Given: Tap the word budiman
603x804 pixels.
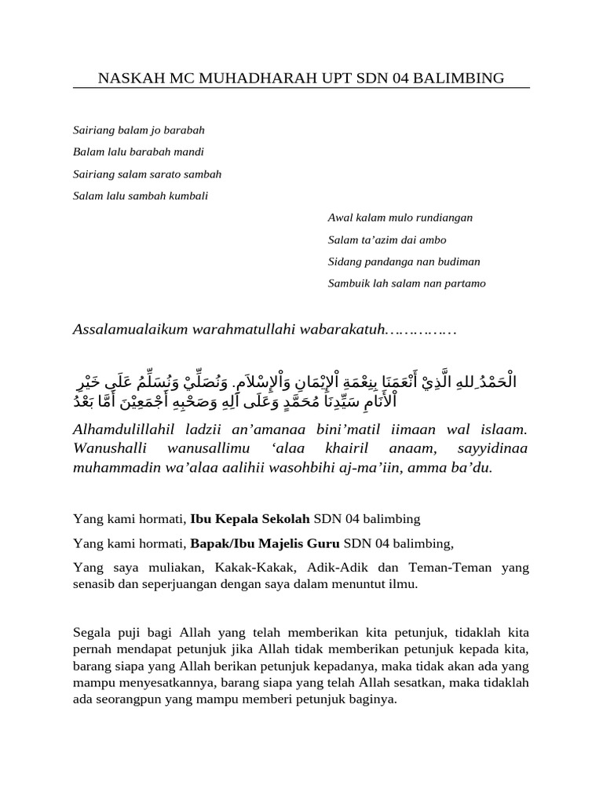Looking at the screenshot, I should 455,261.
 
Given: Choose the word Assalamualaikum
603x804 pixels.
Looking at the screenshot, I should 130,328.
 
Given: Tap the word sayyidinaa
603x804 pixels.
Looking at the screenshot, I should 492,449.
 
